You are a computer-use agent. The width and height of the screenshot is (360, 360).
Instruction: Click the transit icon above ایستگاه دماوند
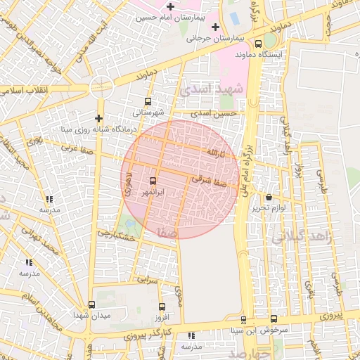(271, 41)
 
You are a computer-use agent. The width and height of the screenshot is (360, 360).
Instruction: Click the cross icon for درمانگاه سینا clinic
(98, 117)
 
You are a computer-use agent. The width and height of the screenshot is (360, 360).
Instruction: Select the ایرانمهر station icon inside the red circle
(153, 181)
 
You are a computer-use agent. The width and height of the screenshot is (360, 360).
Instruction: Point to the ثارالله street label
(212, 152)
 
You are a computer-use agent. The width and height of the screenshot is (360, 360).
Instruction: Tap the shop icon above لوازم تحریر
(270, 198)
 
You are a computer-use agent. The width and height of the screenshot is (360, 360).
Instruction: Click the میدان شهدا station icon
(92, 304)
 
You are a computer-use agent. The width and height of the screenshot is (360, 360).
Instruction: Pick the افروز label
(162, 317)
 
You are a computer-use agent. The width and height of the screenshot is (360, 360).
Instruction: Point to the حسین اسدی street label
(216, 112)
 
